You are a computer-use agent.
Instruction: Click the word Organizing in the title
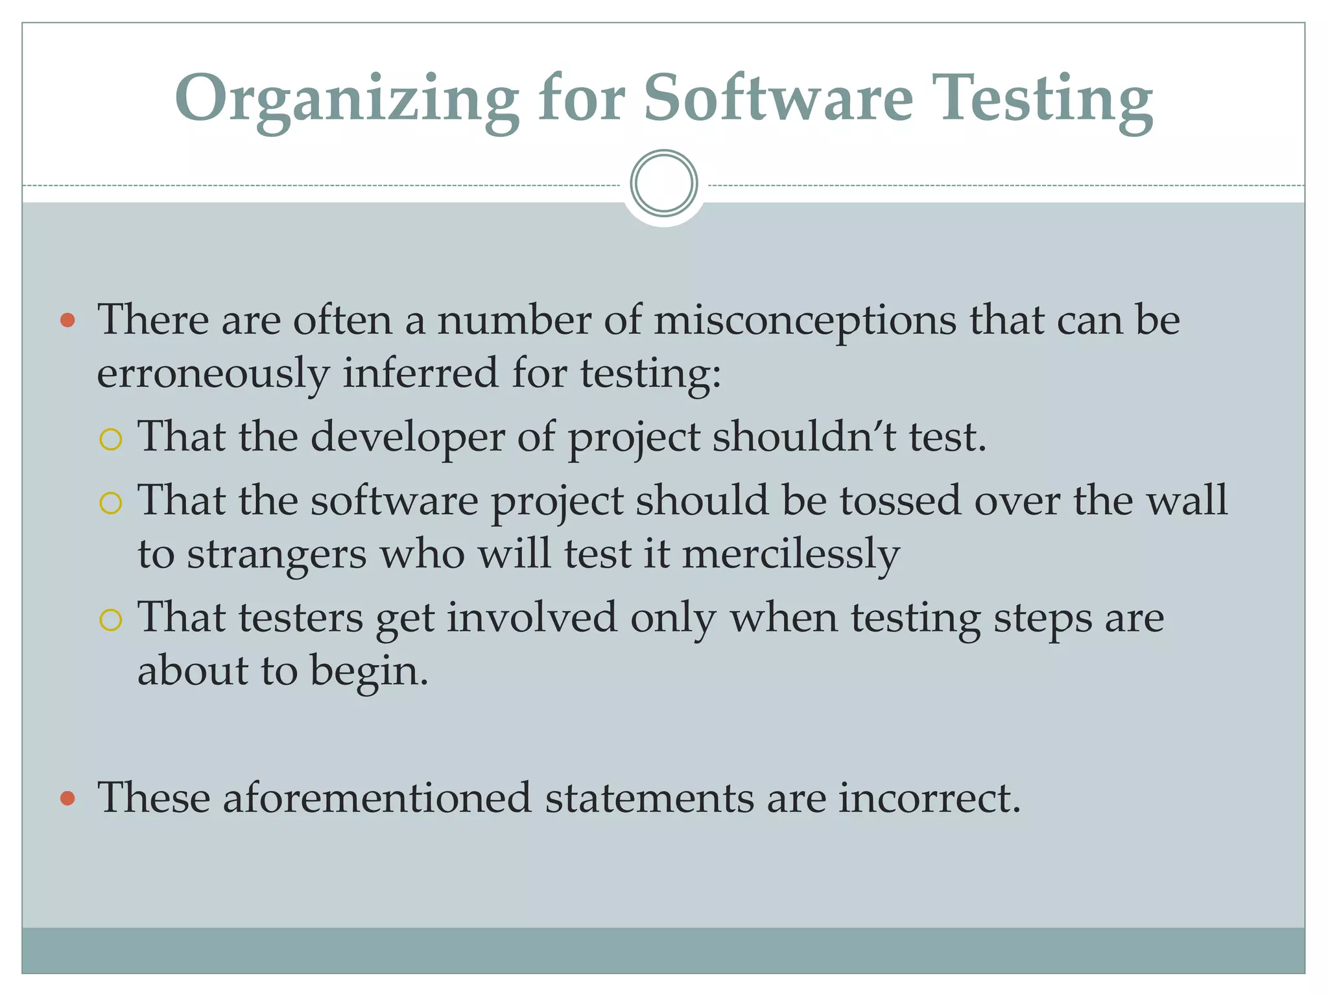(x=347, y=99)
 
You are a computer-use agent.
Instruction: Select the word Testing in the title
(x=1046, y=99)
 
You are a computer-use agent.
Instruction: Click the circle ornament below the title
(x=664, y=183)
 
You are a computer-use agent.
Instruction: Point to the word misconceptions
(x=805, y=320)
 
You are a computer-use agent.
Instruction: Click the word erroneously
(x=213, y=374)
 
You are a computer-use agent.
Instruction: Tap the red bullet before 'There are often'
(x=67, y=320)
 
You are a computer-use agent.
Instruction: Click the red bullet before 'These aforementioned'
(x=67, y=798)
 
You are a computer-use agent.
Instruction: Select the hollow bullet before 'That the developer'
(x=111, y=440)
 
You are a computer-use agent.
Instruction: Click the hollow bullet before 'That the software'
(x=111, y=503)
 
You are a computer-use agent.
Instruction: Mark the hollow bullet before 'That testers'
(x=111, y=619)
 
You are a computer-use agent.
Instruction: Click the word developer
(x=408, y=438)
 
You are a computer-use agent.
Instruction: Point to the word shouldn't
(x=804, y=436)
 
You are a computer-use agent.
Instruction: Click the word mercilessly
(x=791, y=554)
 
